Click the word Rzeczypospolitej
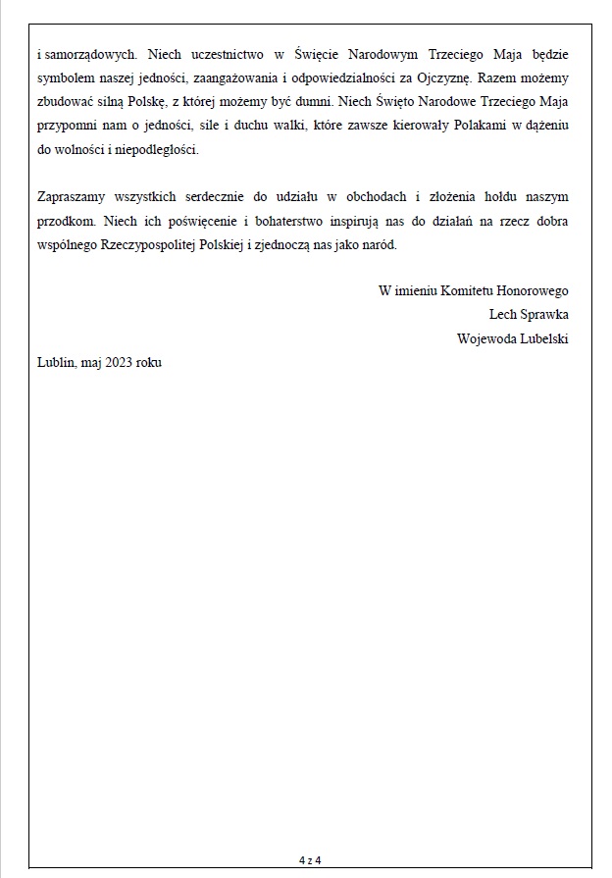coord(160,245)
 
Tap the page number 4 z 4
coord(310,860)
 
